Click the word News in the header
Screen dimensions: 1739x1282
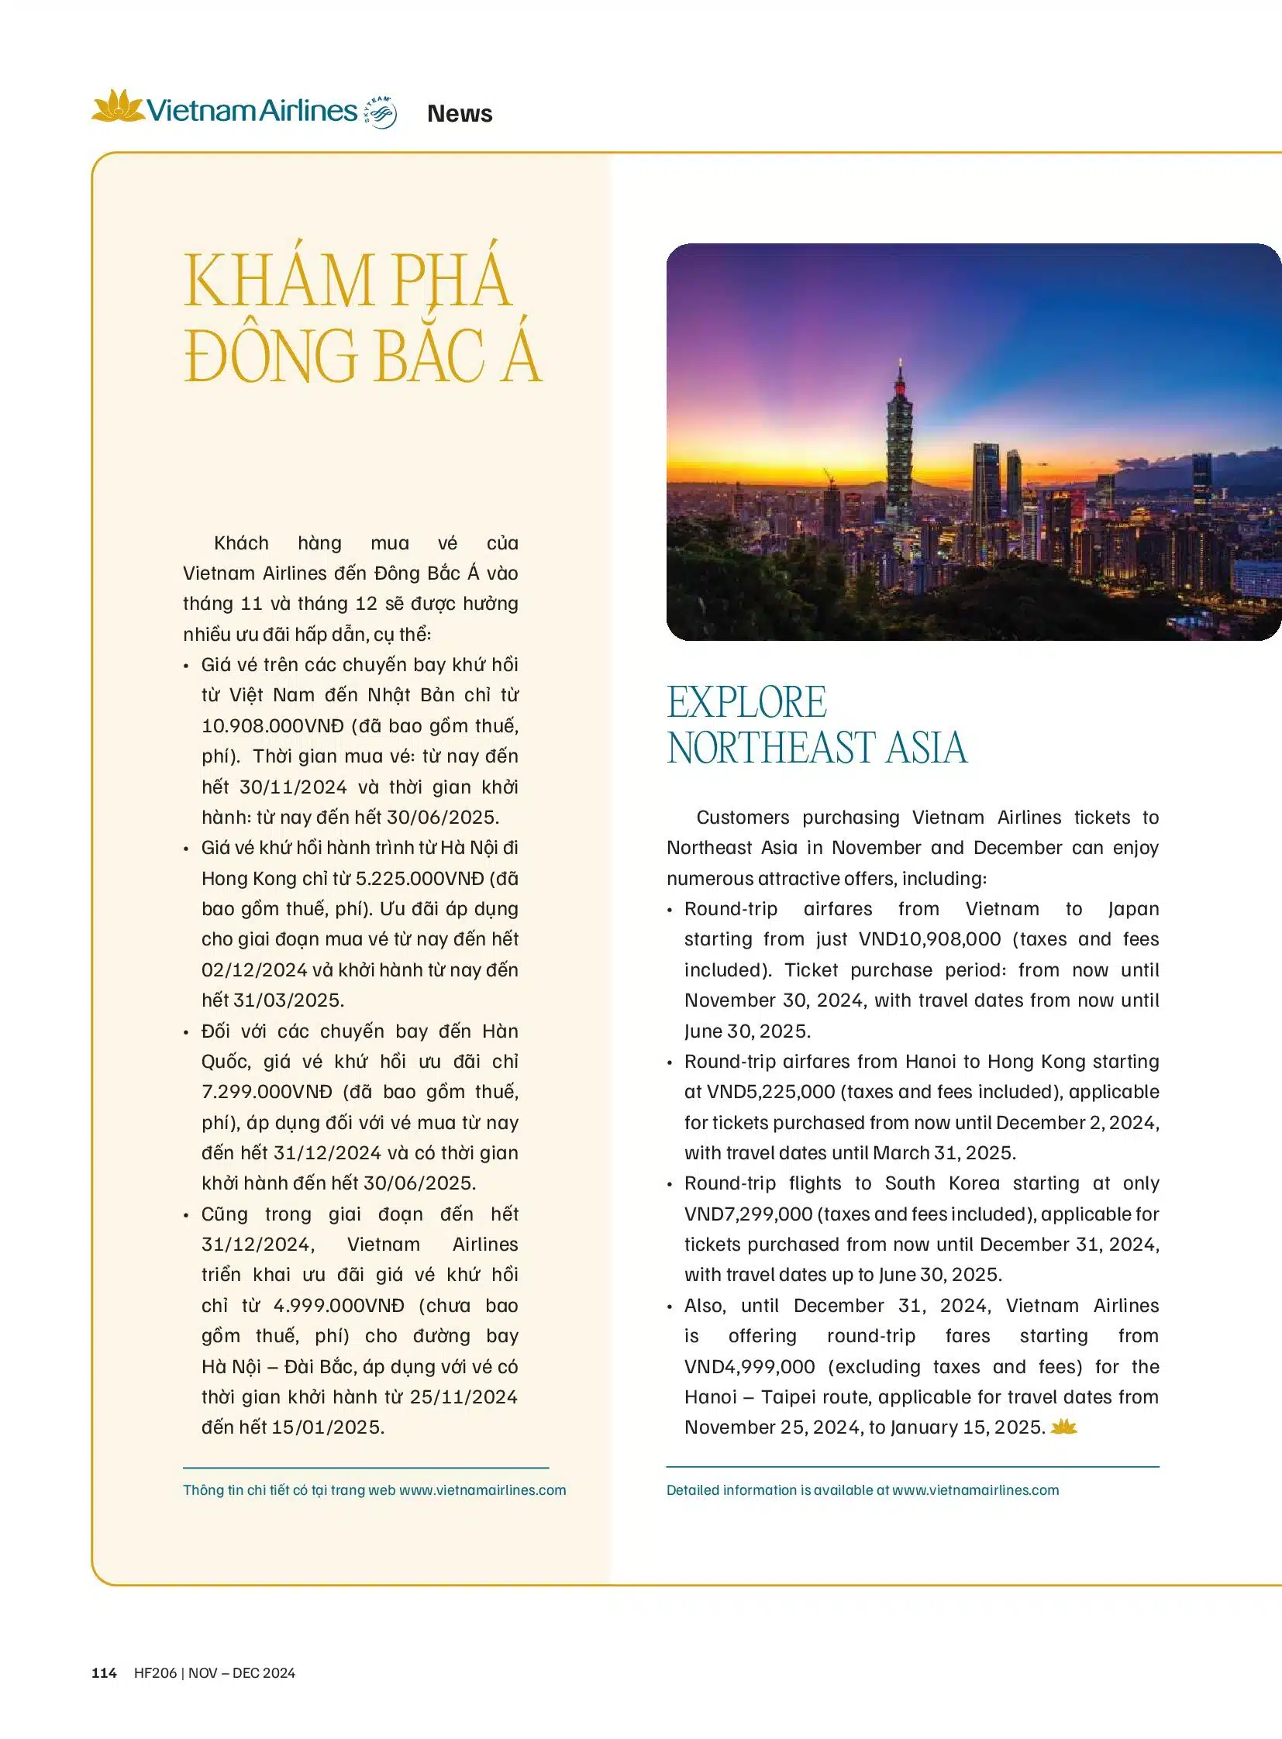tap(460, 114)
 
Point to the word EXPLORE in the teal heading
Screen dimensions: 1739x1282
tap(746, 702)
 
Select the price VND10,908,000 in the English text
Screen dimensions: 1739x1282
tap(929, 939)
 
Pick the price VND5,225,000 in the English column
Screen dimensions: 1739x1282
tap(760, 1092)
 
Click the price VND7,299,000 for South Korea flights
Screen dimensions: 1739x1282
tap(748, 1214)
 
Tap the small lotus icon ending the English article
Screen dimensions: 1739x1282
tap(1064, 1426)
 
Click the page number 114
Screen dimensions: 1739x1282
tap(104, 1673)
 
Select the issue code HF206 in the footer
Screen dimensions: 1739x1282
tap(155, 1673)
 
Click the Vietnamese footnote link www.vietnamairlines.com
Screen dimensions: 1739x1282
tap(483, 1490)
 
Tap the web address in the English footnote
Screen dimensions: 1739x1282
tap(976, 1490)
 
